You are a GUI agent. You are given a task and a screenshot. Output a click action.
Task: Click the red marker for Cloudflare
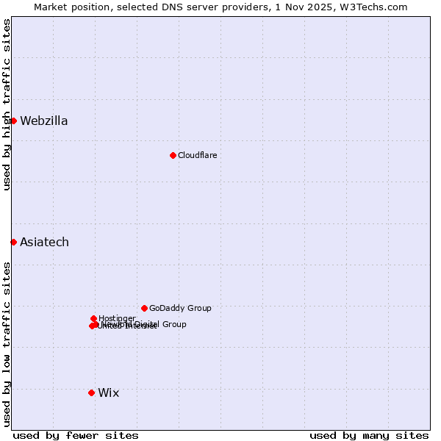173,155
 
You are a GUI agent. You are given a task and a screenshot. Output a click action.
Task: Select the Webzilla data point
13,121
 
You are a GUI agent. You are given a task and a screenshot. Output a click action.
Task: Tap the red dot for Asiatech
13,242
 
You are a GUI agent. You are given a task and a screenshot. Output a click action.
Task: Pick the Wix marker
91,392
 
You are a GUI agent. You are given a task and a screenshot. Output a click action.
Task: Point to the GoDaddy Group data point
144,308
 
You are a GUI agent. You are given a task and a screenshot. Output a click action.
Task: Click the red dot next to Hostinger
93,318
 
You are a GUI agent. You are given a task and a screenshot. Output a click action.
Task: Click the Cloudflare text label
197,155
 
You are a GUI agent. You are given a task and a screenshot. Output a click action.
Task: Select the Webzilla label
43,121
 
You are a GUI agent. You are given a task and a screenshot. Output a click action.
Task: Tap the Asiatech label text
44,243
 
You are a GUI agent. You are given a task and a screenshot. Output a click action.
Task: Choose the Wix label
108,393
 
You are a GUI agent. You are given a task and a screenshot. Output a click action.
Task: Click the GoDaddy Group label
180,309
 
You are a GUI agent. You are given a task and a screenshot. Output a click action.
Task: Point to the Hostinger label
117,318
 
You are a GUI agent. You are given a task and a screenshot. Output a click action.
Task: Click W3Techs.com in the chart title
375,7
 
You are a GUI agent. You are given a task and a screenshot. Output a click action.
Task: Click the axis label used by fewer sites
76,435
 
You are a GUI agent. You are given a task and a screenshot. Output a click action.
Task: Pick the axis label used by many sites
369,435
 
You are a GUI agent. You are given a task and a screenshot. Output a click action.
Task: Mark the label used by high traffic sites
7,104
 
